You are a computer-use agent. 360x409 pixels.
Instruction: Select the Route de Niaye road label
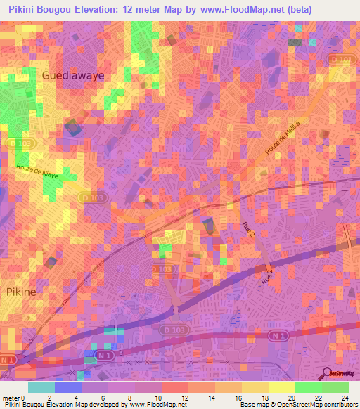[x=38, y=171]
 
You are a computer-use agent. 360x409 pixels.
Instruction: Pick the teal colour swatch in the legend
[x=41, y=387]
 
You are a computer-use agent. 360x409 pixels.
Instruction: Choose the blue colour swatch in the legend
[x=68, y=387]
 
